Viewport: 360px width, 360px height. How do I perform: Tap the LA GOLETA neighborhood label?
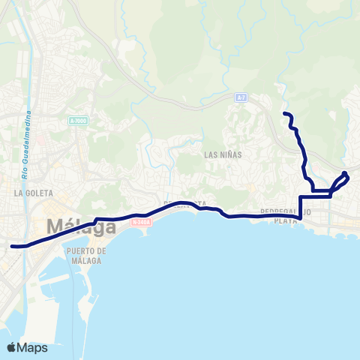point(31,193)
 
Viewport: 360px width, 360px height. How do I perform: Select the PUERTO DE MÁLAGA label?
point(85,256)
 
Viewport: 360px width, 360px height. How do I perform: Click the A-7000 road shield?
point(77,121)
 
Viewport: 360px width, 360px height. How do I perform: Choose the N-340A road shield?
point(141,222)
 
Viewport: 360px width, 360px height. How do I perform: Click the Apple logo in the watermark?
point(12,347)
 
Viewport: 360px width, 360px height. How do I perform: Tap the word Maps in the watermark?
point(32,347)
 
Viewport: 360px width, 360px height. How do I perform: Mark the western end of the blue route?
point(12,246)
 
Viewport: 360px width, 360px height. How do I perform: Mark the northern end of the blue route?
point(284,113)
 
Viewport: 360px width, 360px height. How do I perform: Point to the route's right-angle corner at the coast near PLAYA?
point(300,217)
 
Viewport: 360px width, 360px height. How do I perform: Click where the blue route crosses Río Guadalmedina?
point(28,244)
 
